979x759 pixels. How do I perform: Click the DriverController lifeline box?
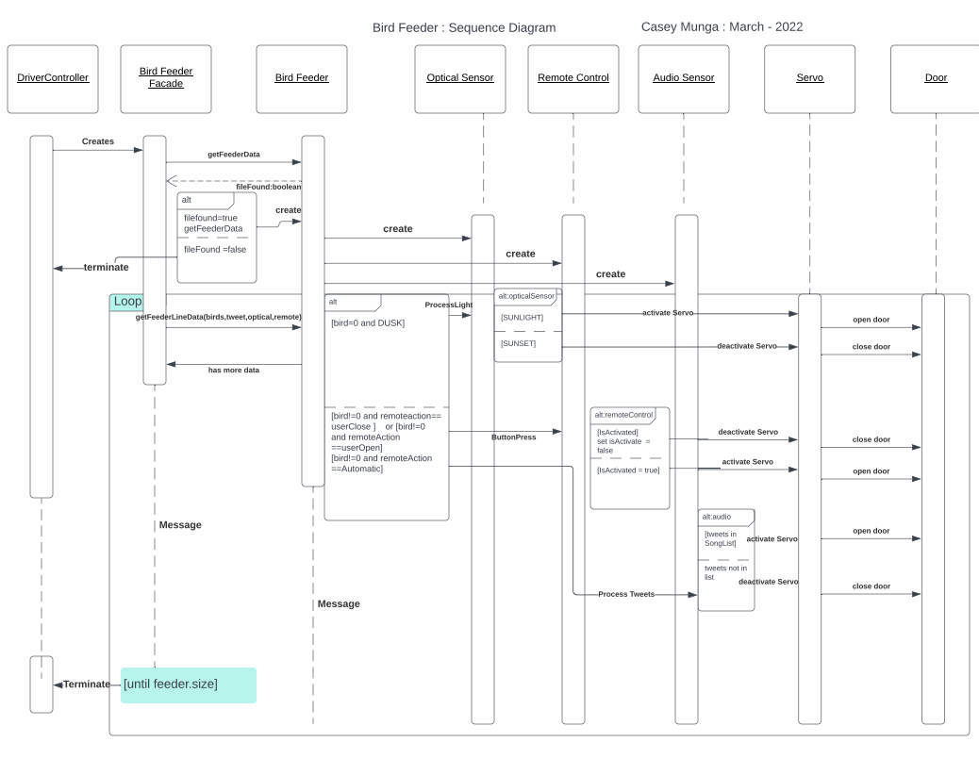[53, 78]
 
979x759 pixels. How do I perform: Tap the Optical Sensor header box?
[459, 78]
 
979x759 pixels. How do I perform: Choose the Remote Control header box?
[573, 78]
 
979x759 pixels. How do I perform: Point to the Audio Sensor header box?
[684, 78]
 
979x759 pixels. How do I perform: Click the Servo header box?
[809, 78]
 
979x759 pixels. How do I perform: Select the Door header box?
[936, 78]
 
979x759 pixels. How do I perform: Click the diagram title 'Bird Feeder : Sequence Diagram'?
[464, 27]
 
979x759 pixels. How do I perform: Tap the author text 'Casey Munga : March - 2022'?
[722, 26]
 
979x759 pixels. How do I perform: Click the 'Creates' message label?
[98, 141]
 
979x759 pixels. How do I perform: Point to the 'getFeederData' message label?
[234, 154]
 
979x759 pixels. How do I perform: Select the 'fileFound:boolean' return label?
[268, 187]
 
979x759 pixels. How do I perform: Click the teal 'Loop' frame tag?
[127, 302]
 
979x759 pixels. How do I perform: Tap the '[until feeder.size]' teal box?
[189, 685]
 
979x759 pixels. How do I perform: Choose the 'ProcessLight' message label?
[448, 305]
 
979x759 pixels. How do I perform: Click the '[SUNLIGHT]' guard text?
[522, 318]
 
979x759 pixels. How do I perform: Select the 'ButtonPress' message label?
[513, 437]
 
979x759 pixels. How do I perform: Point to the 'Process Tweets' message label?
[627, 595]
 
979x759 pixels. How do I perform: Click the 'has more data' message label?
[234, 370]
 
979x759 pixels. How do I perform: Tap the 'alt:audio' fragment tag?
[719, 517]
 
